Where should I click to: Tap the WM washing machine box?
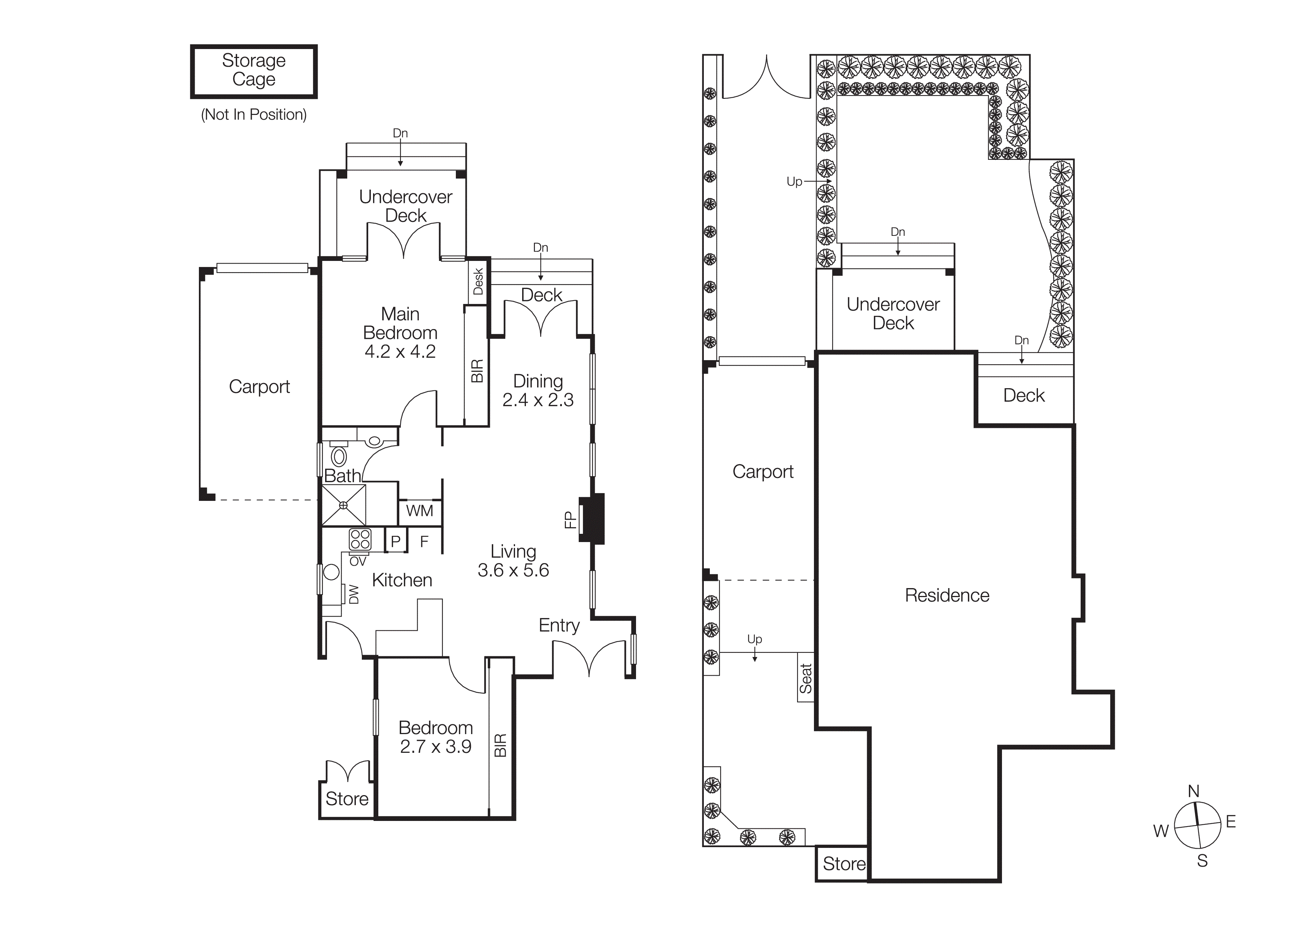420,511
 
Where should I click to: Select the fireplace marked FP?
592,518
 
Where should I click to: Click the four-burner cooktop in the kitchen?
360,539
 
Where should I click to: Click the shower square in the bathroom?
343,505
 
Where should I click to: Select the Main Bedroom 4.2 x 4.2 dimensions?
400,351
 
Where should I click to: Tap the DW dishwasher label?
354,594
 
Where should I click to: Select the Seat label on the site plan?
806,678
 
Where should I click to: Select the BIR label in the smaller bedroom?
500,745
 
